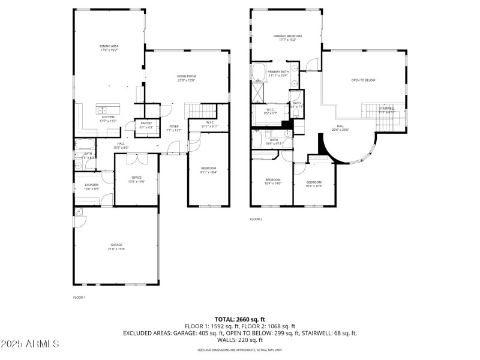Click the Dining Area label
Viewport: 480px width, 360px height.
coord(109,46)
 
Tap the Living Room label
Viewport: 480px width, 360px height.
coord(186,76)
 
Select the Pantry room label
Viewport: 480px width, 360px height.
coord(146,123)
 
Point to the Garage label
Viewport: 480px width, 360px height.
coord(116,245)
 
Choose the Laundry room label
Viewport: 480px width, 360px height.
coord(91,185)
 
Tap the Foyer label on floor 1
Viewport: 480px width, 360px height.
coord(174,127)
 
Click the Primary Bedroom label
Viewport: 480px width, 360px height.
coord(287,36)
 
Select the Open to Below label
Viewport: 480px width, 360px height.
coord(363,80)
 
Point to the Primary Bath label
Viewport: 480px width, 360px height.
coord(278,72)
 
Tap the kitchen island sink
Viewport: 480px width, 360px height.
coord(104,110)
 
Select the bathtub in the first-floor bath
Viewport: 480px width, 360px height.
coord(84,144)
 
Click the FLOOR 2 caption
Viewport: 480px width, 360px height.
coord(256,220)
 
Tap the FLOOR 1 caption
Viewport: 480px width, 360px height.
coord(79,298)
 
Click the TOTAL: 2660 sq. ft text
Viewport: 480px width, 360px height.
coord(239,319)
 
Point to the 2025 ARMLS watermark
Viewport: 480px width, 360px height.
coord(30,344)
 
